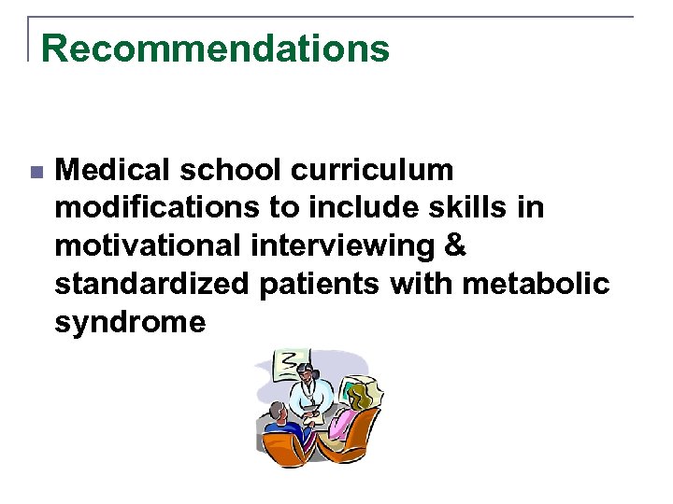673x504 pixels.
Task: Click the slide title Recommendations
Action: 215,48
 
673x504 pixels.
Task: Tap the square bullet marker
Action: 36,173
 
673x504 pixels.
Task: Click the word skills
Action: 465,208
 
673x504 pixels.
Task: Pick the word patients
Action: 312,284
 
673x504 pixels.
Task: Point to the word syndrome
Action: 130,323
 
